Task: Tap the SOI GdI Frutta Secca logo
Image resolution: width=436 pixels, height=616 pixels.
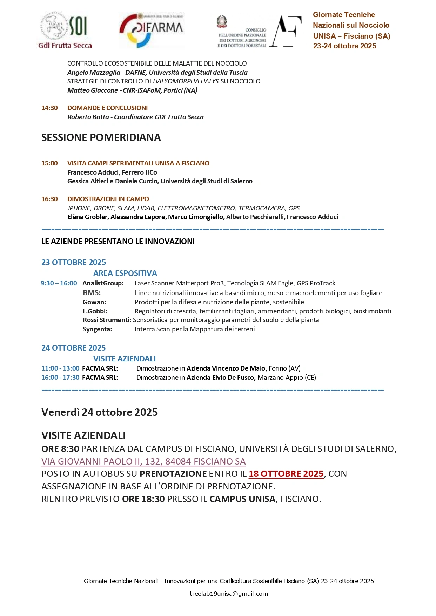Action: (65, 30)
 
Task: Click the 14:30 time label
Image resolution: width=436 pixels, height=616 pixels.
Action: (49, 108)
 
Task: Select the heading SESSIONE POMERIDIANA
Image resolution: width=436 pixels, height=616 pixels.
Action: (101, 137)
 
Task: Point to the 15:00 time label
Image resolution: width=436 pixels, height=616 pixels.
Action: (49, 163)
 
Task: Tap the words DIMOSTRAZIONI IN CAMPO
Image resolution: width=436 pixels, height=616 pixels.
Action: (108, 199)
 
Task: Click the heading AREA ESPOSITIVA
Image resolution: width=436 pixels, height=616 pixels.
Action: (125, 273)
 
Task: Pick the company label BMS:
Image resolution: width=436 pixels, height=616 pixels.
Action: (92, 293)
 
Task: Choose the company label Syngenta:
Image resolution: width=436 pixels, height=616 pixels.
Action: (97, 329)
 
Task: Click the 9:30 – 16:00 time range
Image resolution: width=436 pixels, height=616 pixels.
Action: (59, 283)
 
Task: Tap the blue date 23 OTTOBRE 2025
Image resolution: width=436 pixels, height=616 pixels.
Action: (74, 262)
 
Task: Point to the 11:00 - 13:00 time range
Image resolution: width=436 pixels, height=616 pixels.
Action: (60, 368)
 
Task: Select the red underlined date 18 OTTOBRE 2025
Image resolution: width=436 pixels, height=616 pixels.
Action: (286, 474)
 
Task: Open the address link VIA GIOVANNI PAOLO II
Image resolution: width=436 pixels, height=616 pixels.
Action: (143, 461)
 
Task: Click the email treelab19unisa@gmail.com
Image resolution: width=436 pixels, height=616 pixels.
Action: (229, 594)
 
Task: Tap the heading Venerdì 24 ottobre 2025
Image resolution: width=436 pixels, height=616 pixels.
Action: (100, 412)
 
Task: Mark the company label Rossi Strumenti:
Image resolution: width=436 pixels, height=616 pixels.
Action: (107, 320)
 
